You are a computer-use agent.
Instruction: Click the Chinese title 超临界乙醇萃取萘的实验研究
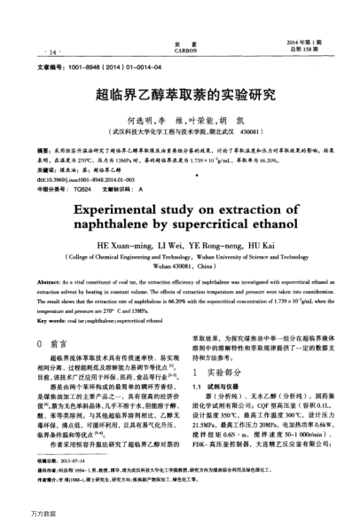click(x=179, y=91)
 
